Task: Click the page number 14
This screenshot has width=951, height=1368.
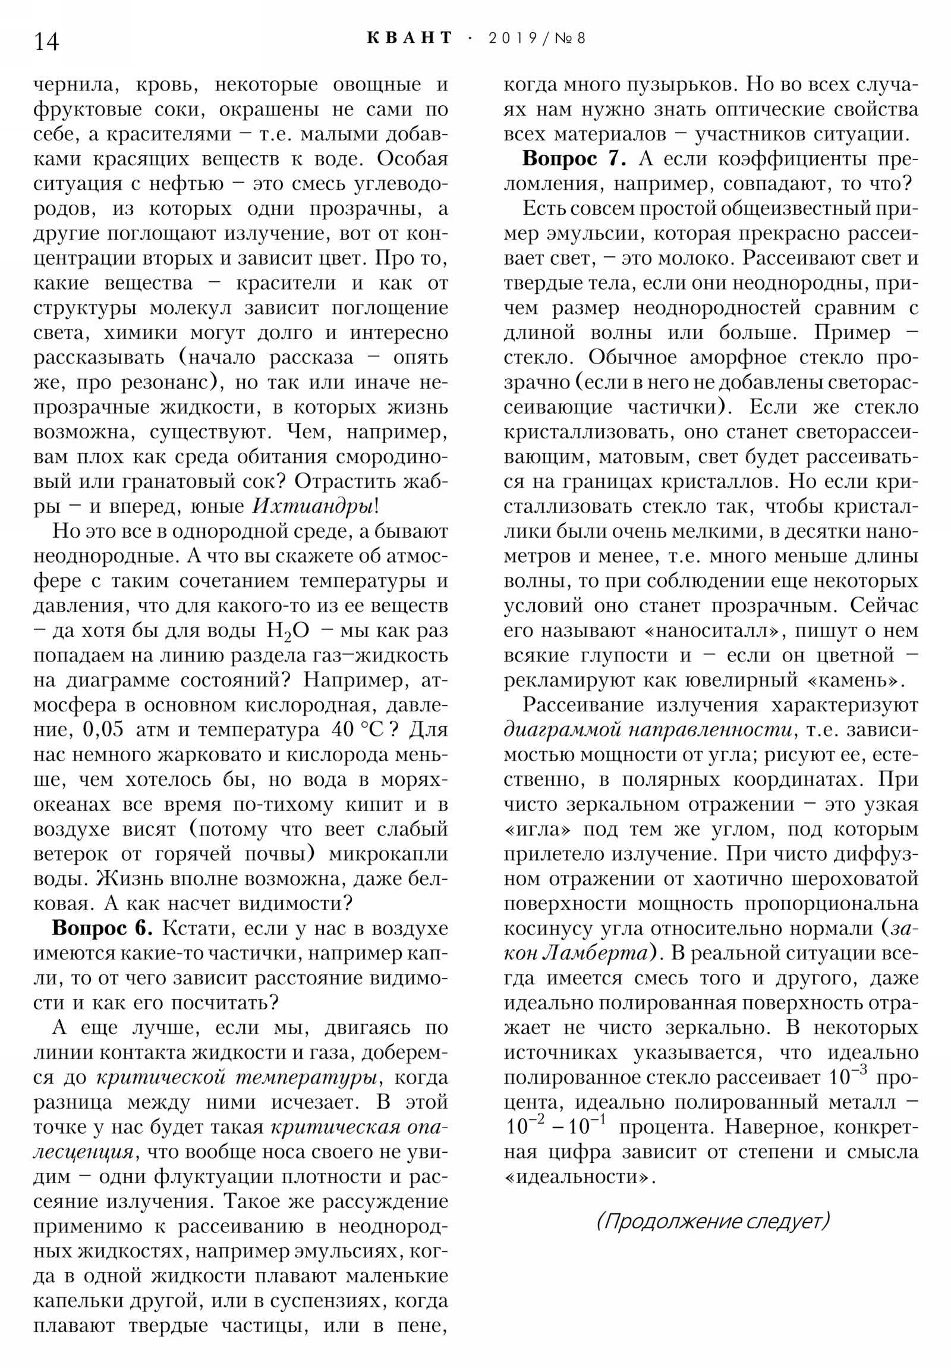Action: (x=46, y=42)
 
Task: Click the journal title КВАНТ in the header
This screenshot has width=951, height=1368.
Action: (x=409, y=38)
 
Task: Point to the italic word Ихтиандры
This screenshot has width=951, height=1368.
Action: (x=315, y=506)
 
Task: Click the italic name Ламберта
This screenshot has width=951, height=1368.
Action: (x=596, y=953)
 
